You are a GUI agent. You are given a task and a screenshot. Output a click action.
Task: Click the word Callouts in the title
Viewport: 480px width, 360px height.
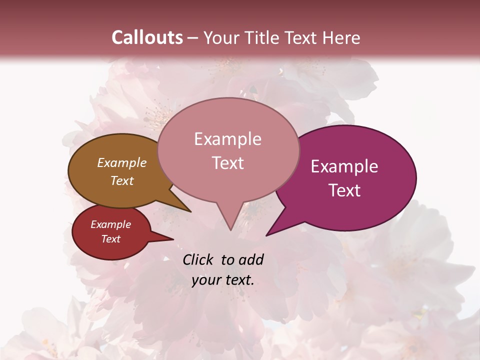pyautogui.click(x=147, y=37)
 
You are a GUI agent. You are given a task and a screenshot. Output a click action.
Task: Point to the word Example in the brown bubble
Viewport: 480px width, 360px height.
pyautogui.click(x=122, y=162)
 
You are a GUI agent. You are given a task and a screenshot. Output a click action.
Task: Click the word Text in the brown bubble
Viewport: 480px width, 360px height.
pyautogui.click(x=122, y=180)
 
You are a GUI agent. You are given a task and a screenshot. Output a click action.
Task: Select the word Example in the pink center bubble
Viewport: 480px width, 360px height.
pyautogui.click(x=227, y=139)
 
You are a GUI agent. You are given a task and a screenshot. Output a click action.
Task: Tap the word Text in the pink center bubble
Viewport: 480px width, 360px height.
pyautogui.click(x=227, y=163)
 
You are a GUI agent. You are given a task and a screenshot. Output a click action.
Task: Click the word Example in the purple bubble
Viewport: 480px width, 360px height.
pyautogui.click(x=344, y=166)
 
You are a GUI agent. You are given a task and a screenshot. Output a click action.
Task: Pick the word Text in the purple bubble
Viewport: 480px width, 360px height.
pyautogui.click(x=344, y=190)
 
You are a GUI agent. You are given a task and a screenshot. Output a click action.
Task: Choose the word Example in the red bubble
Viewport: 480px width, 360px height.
pyautogui.click(x=110, y=224)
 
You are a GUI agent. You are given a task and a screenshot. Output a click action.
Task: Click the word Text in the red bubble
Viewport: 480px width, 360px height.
pyautogui.click(x=110, y=239)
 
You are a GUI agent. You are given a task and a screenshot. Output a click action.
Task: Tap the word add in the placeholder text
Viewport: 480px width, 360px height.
pyautogui.click(x=251, y=259)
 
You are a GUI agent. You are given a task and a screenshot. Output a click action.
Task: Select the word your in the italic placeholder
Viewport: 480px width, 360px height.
pyautogui.click(x=205, y=280)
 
